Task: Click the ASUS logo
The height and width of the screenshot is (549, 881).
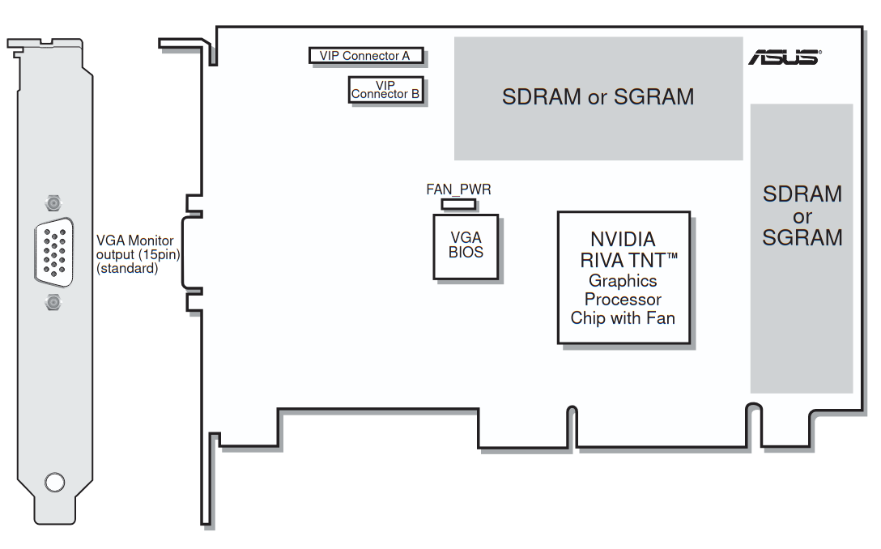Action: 784,57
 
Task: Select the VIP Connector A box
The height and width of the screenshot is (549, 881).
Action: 366,56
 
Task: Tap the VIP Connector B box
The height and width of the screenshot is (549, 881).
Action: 385,89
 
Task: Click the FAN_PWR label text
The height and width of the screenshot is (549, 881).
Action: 458,189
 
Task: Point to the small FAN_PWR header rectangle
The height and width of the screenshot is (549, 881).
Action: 458,203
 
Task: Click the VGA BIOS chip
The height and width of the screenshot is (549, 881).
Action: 466,245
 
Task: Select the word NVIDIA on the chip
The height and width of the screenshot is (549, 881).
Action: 623,240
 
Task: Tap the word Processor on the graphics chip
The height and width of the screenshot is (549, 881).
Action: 623,299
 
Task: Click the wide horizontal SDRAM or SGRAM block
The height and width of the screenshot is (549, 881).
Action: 598,97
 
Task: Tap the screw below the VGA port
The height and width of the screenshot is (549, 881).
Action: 53,303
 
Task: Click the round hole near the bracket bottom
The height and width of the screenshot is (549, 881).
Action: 54,482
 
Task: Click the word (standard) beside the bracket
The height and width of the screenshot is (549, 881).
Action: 127,269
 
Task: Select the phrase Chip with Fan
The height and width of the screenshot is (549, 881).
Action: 623,318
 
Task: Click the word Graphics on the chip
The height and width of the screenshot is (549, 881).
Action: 623,281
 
